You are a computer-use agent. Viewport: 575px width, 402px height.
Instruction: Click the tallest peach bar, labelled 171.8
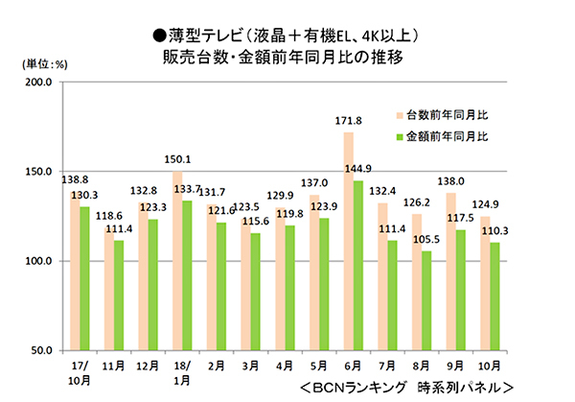[348, 240]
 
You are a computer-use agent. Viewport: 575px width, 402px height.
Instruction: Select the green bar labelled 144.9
[358, 265]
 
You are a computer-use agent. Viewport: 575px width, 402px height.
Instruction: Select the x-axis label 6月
[353, 365]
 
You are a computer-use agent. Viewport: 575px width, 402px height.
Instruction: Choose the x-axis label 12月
[147, 365]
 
